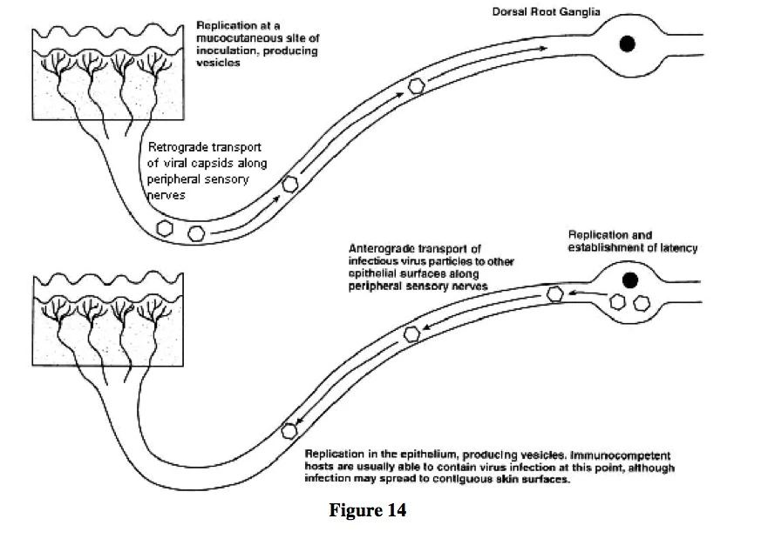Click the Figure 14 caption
[367, 510]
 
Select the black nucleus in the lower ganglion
[629, 280]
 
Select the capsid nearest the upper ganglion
[418, 84]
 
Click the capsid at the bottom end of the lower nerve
[290, 430]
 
